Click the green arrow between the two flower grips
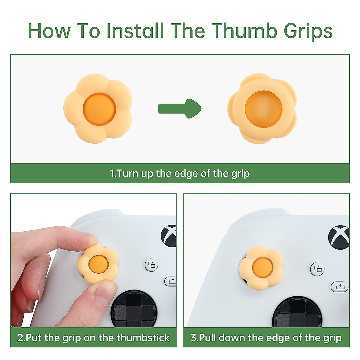coord(179,108)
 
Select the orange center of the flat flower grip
coord(99,108)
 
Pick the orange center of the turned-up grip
coord(263,109)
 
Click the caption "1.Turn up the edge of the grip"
coord(180,173)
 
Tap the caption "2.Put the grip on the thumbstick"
coord(94,337)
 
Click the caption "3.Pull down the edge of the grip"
coord(266,337)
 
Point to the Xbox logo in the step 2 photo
coord(169,236)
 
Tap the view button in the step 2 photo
coord(152,265)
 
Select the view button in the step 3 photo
coord(318,269)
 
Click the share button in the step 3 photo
coord(340,286)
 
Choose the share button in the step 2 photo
coord(171,281)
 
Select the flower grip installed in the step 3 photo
coord(262,267)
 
